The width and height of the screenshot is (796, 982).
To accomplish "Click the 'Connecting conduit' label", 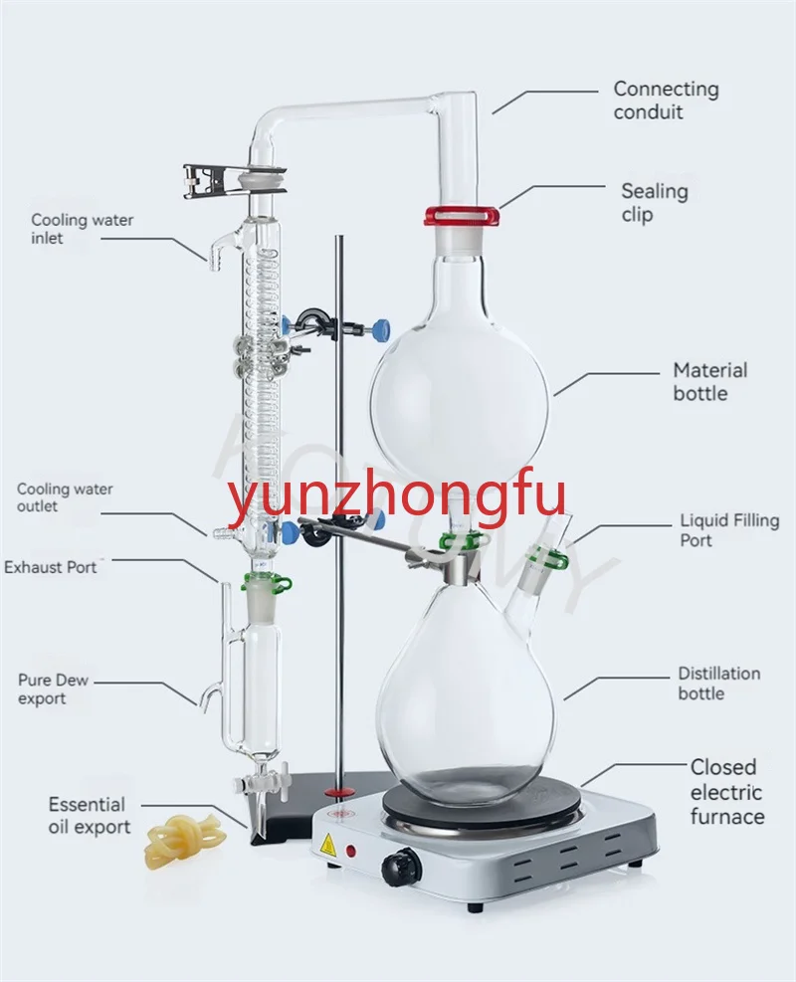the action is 666,100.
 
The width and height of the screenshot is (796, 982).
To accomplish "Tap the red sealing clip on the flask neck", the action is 461,214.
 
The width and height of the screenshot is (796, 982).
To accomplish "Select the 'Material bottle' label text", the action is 709,382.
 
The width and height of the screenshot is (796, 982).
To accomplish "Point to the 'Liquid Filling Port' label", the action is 729,530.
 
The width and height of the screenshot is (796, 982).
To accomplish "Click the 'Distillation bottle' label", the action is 718,683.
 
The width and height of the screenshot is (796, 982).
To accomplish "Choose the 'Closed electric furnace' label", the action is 727,792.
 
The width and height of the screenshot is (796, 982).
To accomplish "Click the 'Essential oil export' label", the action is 89,816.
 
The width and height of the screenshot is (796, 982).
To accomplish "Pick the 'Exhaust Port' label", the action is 52,567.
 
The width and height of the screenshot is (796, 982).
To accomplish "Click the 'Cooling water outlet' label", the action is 65,497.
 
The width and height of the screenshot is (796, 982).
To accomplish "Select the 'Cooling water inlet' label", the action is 82,229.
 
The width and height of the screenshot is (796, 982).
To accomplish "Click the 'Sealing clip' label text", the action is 654,202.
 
